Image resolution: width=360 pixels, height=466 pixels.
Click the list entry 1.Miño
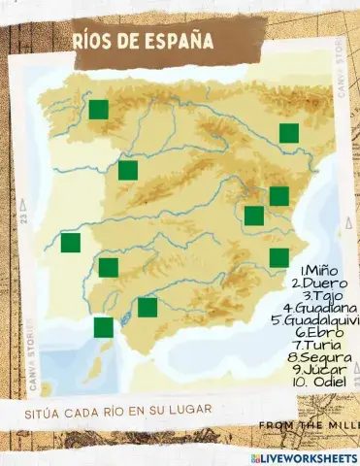[319, 270]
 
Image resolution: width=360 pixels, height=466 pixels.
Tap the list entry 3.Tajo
[323, 295]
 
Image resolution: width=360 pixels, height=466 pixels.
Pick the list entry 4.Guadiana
[320, 308]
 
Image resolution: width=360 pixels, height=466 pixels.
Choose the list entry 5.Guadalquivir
[316, 319]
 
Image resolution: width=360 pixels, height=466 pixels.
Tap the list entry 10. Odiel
[316, 382]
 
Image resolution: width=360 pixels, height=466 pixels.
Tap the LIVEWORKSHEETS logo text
[309, 457]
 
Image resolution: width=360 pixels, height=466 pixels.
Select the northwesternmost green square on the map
[98, 109]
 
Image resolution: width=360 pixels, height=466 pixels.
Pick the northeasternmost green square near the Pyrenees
[288, 133]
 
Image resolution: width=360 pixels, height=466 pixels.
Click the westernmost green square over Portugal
[70, 243]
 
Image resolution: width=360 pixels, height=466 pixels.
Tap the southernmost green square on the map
[103, 327]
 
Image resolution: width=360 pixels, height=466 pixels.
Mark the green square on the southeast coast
[278, 257]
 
